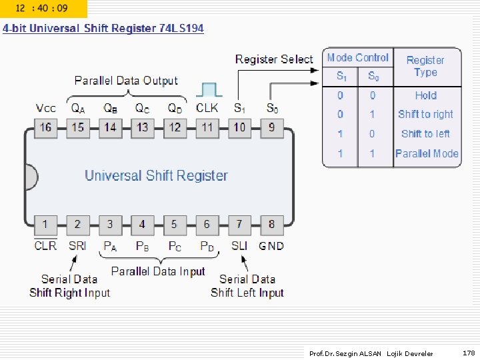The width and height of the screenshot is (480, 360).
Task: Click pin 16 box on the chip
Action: point(45,127)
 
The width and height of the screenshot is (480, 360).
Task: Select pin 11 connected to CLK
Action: point(207,127)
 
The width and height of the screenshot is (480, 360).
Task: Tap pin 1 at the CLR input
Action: point(45,225)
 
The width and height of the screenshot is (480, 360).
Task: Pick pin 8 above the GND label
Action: point(271,225)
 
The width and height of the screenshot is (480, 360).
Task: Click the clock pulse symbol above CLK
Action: point(209,90)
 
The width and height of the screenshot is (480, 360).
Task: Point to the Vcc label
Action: point(46,108)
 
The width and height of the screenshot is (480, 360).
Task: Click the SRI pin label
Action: point(77,246)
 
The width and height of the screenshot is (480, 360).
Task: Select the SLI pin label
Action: point(239,246)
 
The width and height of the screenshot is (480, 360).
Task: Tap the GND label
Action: point(271,246)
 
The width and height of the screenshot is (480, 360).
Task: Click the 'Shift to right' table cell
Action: point(425,115)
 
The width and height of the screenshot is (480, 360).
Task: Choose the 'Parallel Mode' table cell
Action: point(427,153)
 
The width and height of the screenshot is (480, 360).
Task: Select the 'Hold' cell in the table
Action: point(425,95)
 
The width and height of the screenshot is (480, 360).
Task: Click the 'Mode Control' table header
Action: point(358,58)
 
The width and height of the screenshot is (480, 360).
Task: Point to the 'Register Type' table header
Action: point(425,66)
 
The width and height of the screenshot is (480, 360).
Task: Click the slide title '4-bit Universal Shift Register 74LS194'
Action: point(103,29)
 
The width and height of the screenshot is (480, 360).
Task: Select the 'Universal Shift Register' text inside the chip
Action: point(156,176)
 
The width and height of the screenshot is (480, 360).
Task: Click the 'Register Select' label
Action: point(273,59)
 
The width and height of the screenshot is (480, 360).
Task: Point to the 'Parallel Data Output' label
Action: point(126,81)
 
